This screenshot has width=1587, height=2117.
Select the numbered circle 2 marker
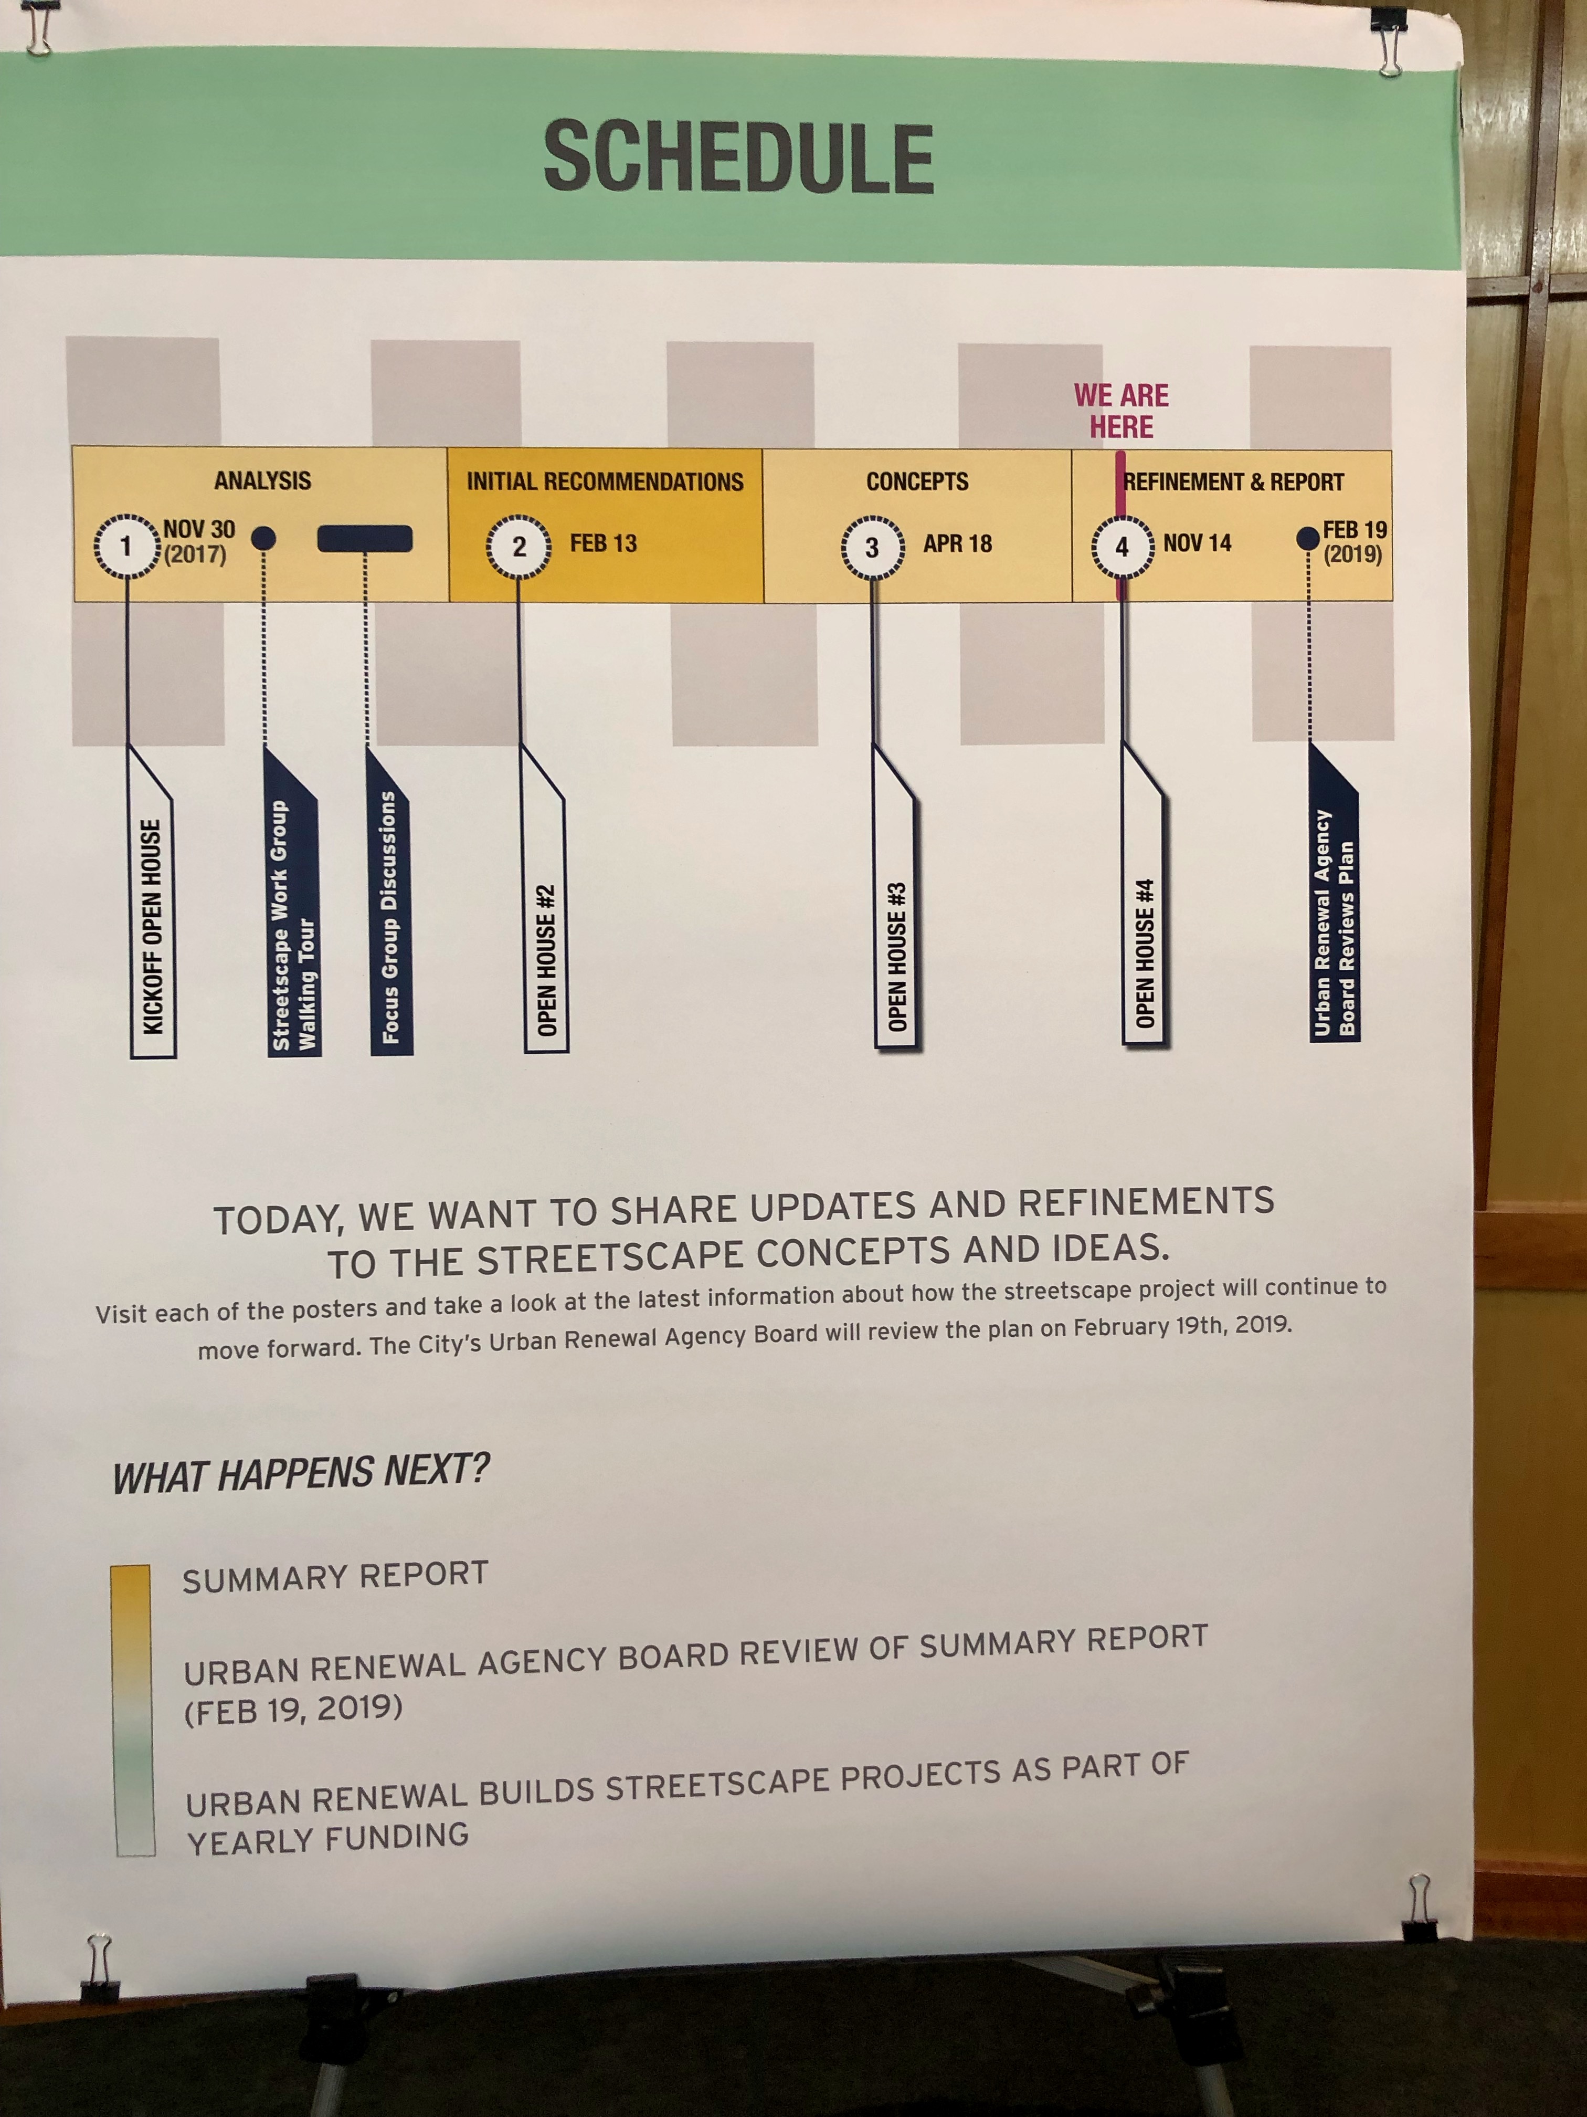pyautogui.click(x=519, y=547)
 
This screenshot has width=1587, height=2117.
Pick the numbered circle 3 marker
pyautogui.click(x=872, y=548)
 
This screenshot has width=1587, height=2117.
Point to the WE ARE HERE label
pyautogui.click(x=1121, y=411)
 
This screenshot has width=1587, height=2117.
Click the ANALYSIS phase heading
pyautogui.click(x=262, y=480)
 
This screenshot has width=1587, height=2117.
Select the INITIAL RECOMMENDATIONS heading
pyautogui.click(x=605, y=481)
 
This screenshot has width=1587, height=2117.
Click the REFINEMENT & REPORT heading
pyautogui.click(x=1234, y=481)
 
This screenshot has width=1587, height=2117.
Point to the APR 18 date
pyautogui.click(x=958, y=543)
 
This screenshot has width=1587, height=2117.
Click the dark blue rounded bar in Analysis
pyautogui.click(x=364, y=539)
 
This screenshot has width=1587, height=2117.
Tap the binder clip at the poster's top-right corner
pyautogui.click(x=1388, y=40)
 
